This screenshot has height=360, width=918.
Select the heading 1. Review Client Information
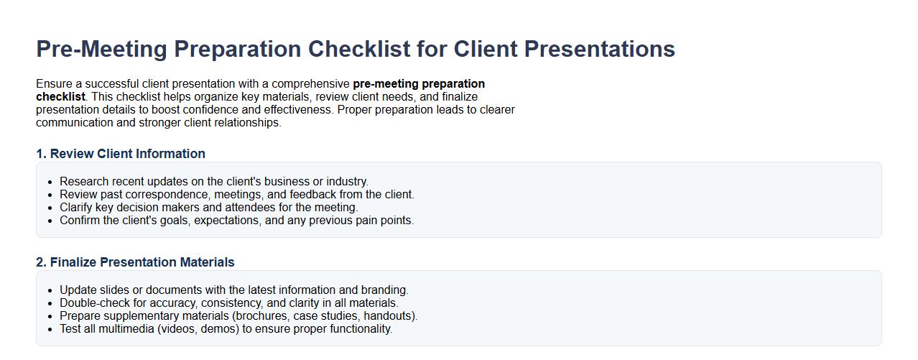tap(121, 154)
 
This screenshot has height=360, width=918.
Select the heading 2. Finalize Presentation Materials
tap(135, 262)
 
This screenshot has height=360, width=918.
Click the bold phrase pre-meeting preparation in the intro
tap(419, 84)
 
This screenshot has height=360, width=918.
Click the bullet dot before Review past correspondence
tap(50, 195)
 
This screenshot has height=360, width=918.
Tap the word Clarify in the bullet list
tap(77, 208)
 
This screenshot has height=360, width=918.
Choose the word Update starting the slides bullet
tap(78, 290)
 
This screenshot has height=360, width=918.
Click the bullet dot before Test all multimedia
tap(50, 329)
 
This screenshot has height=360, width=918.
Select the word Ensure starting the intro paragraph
tap(55, 84)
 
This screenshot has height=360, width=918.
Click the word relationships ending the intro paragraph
tap(246, 123)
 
